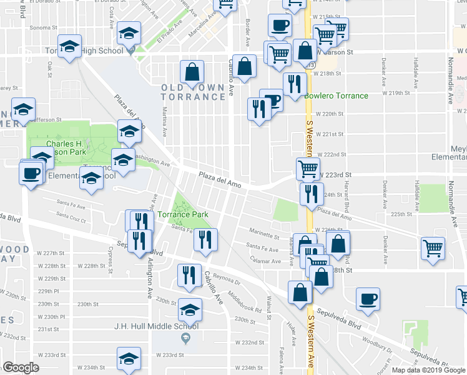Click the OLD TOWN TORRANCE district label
(192, 92)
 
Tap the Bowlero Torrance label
(337, 96)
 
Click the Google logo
(21, 367)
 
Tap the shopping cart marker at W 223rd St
(308, 167)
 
